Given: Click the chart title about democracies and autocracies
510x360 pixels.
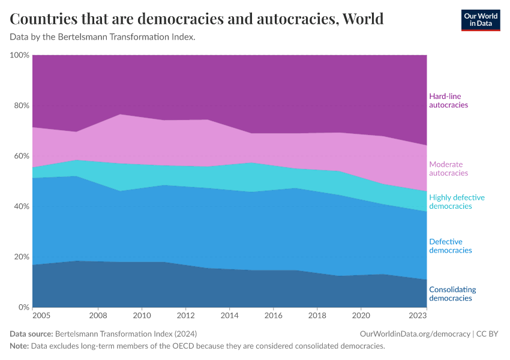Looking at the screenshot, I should point(197,19).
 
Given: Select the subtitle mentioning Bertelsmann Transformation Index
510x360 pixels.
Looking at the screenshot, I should point(103,37).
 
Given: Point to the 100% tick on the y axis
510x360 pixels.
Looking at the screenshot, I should point(20,55).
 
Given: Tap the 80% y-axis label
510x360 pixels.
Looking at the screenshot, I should point(21,106).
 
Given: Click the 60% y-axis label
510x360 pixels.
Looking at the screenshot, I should point(21,156).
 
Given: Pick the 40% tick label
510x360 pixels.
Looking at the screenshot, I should point(21,206).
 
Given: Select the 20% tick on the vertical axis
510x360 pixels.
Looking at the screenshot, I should point(21,257).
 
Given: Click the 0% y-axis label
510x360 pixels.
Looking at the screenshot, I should point(23,307).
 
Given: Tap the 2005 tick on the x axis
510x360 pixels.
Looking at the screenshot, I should point(41,315).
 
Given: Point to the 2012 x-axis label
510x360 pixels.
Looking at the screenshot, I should point(186,315).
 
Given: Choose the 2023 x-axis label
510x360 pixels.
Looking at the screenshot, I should point(417,315).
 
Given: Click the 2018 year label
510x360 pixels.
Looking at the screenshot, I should point(317,315).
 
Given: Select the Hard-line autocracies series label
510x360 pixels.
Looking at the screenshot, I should point(448,100).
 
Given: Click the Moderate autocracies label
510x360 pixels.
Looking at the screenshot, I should point(448,169).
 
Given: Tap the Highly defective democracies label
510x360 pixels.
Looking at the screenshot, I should point(457,202).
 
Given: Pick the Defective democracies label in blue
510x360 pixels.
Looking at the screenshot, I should point(451,246).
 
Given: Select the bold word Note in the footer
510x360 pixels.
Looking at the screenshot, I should point(20,346).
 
